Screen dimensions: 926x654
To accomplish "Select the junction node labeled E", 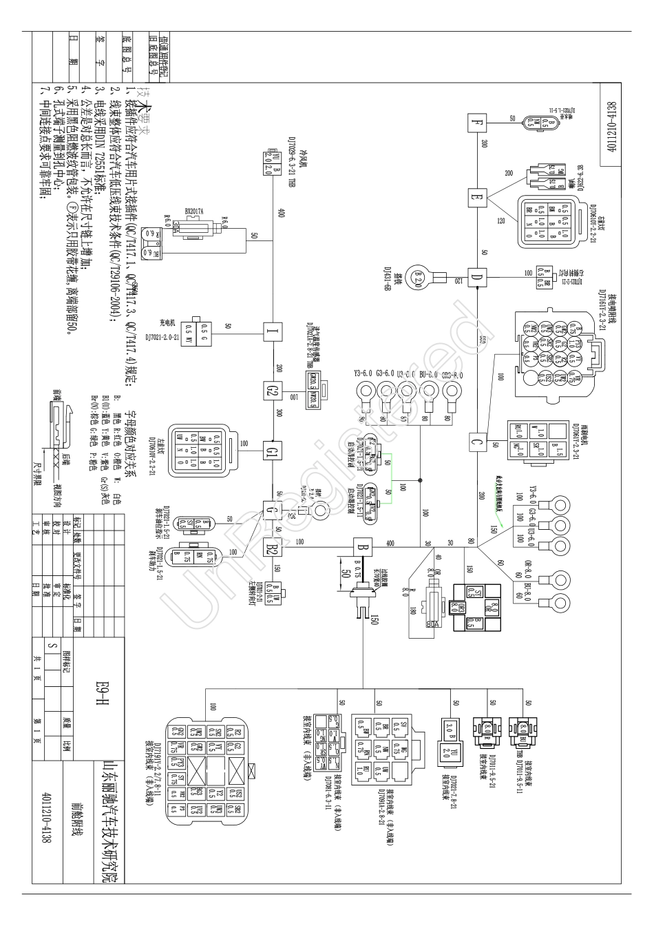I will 476,198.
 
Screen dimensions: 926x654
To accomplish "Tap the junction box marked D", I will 476,278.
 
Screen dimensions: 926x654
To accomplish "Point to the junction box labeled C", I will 476,442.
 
